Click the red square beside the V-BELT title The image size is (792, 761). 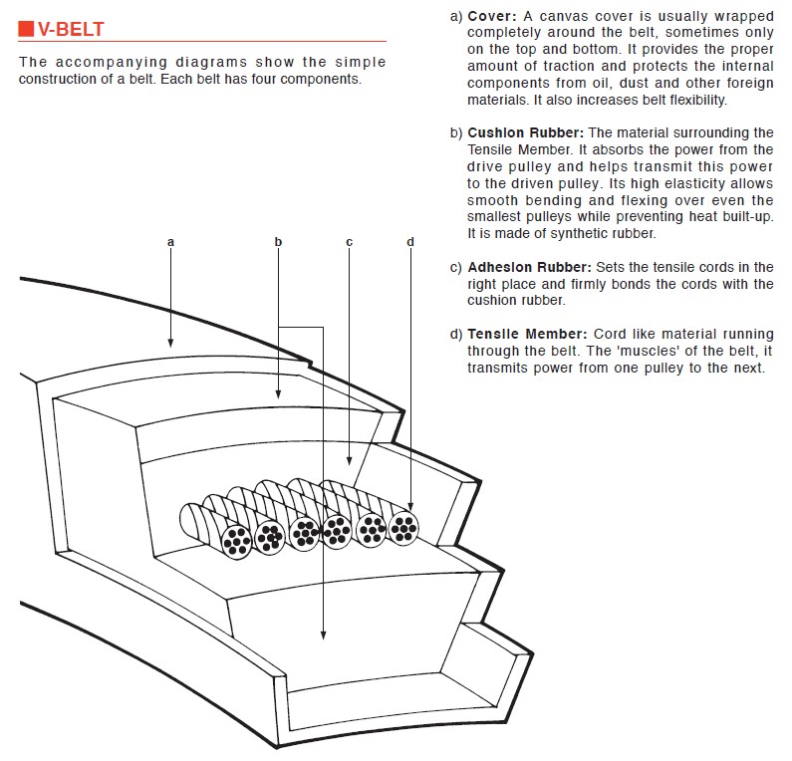[x=26, y=31]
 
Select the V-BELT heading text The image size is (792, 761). [x=73, y=31]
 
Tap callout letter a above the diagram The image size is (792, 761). [x=171, y=242]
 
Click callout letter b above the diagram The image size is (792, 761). [x=278, y=242]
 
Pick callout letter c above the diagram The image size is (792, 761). [x=350, y=242]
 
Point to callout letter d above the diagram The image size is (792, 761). [x=410, y=242]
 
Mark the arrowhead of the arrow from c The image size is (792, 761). [x=350, y=461]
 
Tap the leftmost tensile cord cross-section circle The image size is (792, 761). [x=237, y=539]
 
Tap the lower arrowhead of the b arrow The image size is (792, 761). [x=323, y=634]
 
